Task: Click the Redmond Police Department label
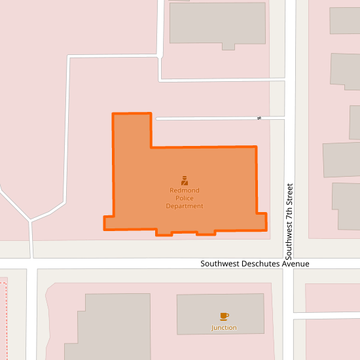coord(185,198)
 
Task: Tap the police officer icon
coord(185,180)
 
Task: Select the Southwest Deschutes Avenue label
coord(255,264)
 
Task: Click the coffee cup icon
coord(225,316)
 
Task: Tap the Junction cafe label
coord(224,327)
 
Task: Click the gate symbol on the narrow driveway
coord(259,118)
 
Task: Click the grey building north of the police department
coord(218,23)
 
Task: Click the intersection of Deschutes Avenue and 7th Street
coord(289,264)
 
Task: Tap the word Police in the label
coord(185,198)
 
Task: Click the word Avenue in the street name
coord(294,264)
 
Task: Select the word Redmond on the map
coord(185,190)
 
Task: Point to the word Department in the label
coord(185,206)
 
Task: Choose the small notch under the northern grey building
coord(228,46)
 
